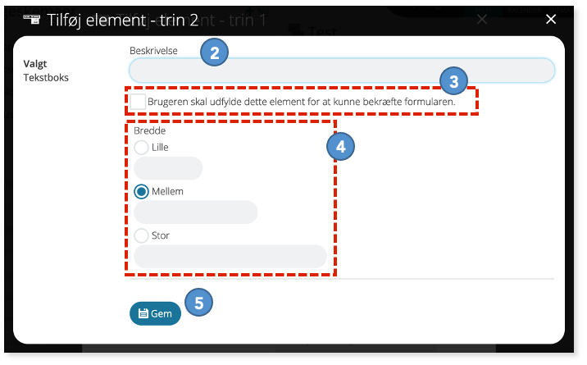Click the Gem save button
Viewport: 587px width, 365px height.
[156, 313]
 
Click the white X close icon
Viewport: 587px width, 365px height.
[551, 19]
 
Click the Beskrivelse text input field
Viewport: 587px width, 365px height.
[342, 71]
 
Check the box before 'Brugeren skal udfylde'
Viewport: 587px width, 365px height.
[138, 102]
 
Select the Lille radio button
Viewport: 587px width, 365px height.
[141, 147]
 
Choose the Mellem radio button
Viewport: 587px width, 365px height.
[141, 192]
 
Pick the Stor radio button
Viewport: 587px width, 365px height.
[141, 235]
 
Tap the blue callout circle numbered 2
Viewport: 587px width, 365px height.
[215, 52]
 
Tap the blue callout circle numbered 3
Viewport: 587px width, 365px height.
[453, 81]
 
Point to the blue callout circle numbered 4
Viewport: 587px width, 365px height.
[341, 146]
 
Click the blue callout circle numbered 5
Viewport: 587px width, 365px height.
[198, 303]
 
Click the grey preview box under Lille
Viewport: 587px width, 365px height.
[168, 168]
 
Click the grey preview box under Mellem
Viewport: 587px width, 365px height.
[196, 212]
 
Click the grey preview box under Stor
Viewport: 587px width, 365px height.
[230, 257]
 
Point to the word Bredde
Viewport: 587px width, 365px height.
[150, 130]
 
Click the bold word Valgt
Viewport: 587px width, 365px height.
[35, 64]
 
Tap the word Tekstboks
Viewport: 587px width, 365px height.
[46, 77]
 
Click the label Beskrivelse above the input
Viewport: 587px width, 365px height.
[153, 51]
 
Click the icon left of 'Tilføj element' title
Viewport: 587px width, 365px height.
[32, 20]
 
